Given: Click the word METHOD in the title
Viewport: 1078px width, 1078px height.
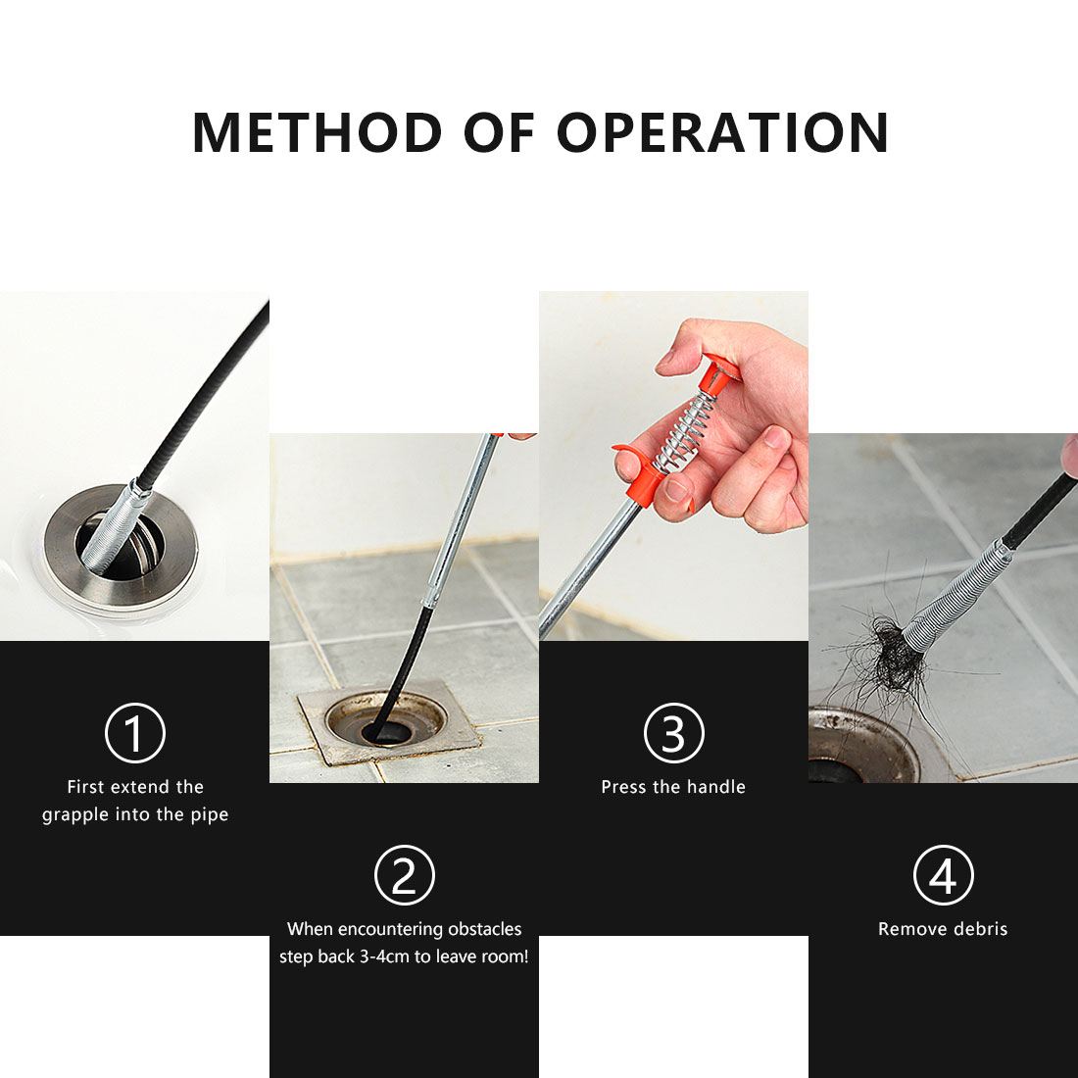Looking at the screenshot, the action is tap(317, 132).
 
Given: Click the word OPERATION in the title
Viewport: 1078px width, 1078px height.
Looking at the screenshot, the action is tap(722, 132).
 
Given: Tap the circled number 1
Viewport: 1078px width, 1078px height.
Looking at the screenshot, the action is tap(135, 733).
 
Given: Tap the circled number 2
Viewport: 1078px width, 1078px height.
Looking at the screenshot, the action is tap(404, 875).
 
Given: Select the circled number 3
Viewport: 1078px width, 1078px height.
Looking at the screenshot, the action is tap(674, 733).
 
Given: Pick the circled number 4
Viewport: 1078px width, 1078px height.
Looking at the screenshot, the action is tap(943, 875).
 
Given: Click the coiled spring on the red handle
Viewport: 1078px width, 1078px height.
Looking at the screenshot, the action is tap(684, 433).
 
